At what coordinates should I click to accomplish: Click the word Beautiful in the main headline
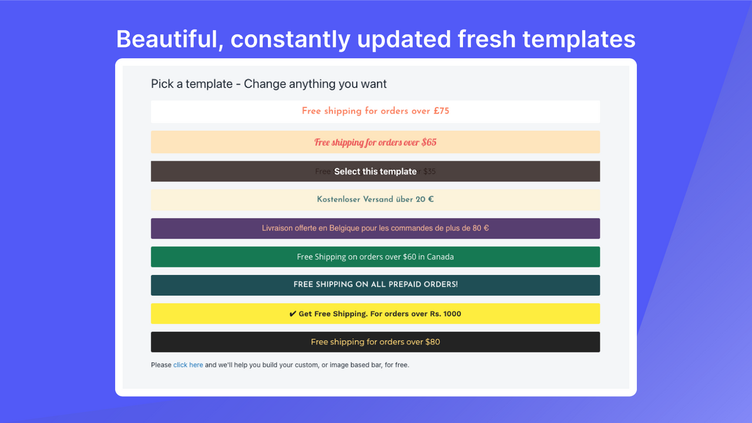167,39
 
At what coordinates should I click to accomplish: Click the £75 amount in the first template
441,111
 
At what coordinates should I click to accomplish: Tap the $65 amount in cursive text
429,142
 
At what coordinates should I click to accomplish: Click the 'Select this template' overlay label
375,172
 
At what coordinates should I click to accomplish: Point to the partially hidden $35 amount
429,172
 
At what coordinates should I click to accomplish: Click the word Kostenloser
338,199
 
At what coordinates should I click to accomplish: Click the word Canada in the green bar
440,257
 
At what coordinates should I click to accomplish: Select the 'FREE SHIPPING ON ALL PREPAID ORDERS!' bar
375,285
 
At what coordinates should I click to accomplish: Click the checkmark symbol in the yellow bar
293,314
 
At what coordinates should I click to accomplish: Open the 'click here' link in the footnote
188,365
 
